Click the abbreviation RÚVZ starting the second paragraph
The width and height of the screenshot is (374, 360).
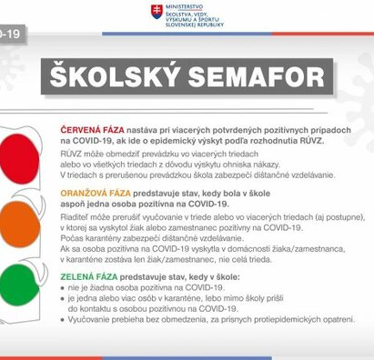click(74, 156)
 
